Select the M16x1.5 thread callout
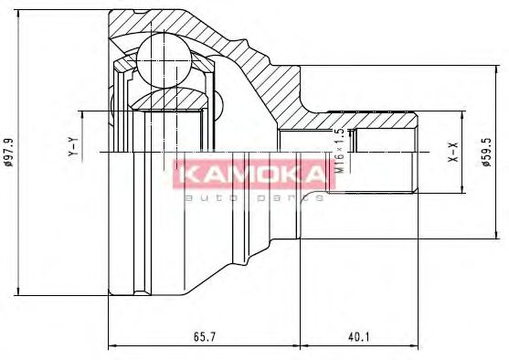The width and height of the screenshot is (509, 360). point(340,152)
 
